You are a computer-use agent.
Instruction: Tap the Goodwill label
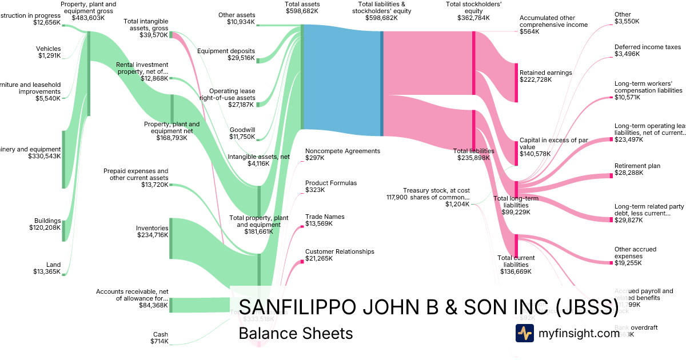(x=242, y=130)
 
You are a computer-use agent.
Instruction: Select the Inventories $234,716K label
(x=152, y=231)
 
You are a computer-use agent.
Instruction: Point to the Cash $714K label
(x=160, y=338)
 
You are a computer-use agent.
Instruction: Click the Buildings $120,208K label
(x=45, y=224)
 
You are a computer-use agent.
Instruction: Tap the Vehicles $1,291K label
(x=49, y=52)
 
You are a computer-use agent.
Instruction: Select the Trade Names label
(x=324, y=217)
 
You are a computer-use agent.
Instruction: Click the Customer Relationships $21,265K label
(x=340, y=255)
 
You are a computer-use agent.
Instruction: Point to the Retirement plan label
(x=637, y=166)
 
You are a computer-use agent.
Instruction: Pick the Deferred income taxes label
(x=648, y=47)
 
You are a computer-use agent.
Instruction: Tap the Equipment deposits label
(x=226, y=54)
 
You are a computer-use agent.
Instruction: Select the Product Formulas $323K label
(x=330, y=186)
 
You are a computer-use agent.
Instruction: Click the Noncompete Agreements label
(x=342, y=151)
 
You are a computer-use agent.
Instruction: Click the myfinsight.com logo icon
(x=525, y=333)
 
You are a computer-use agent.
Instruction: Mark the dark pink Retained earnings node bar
(x=516, y=83)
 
